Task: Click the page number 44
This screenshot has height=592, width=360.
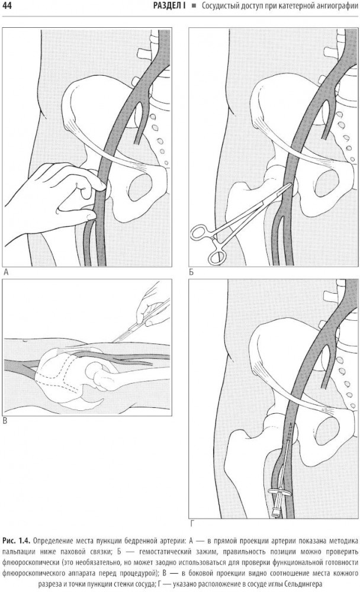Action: point(7,6)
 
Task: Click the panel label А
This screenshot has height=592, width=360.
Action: point(5,272)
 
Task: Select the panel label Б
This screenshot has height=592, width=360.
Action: point(191,272)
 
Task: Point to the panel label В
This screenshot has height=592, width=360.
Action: point(5,420)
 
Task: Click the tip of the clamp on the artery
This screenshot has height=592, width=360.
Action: point(290,184)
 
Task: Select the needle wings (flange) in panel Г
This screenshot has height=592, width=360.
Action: point(279,491)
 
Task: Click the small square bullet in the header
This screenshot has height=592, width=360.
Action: point(194,6)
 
